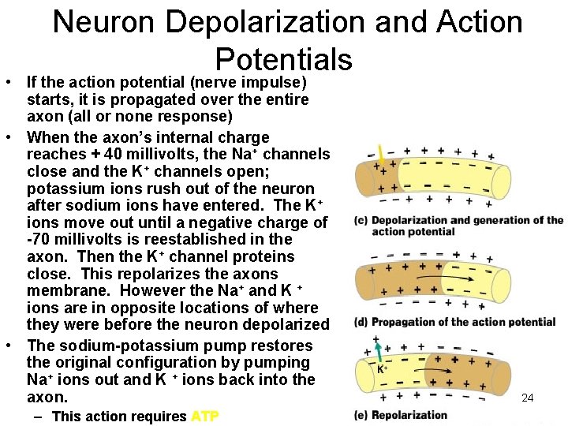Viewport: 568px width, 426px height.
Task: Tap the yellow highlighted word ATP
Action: tap(205, 417)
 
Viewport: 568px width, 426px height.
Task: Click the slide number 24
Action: tap(528, 398)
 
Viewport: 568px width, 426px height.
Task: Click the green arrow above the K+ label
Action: tap(379, 351)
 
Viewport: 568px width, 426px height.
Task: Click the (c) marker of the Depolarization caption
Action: tap(362, 221)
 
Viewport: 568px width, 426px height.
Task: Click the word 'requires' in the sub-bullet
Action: tap(159, 417)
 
